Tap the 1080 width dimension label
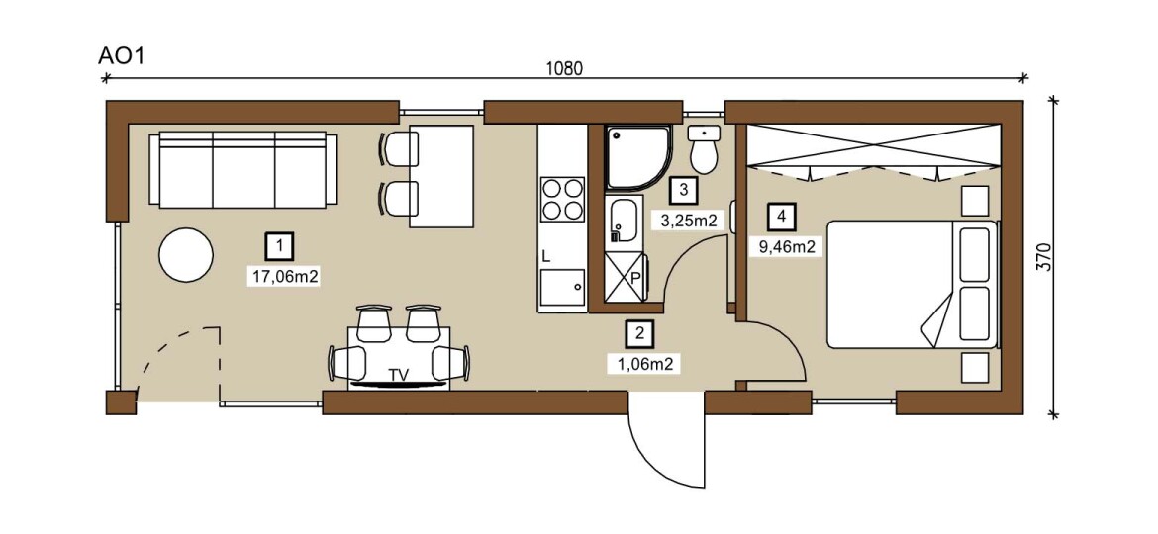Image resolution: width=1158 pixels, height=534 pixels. point(564,68)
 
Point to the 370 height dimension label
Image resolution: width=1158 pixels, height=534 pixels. point(1043,257)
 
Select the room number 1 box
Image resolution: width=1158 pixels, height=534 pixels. point(279,245)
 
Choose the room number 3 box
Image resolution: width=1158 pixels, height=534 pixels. point(683,189)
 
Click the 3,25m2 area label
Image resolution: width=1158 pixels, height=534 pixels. point(688,220)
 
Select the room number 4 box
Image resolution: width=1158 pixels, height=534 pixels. point(781,216)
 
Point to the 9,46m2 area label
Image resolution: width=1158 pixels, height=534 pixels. point(787,247)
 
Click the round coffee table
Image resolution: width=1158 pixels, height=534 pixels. point(186,254)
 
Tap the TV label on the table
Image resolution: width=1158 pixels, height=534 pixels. point(399,375)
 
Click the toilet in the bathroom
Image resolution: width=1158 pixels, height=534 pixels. point(705,149)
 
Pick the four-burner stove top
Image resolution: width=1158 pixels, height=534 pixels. point(563,199)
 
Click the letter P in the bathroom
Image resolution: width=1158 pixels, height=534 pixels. point(634,279)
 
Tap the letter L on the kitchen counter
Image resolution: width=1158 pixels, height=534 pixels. point(545,257)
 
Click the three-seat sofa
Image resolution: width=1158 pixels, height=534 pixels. point(242,170)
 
